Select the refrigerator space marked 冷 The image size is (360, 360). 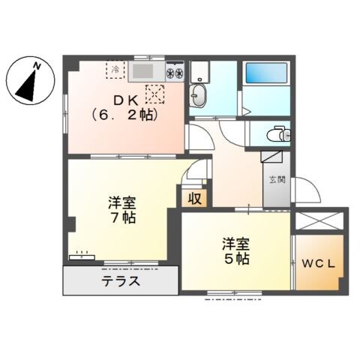pos(115,70)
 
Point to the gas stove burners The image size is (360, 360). pos(175,73)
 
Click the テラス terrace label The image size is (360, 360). pos(120,283)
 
